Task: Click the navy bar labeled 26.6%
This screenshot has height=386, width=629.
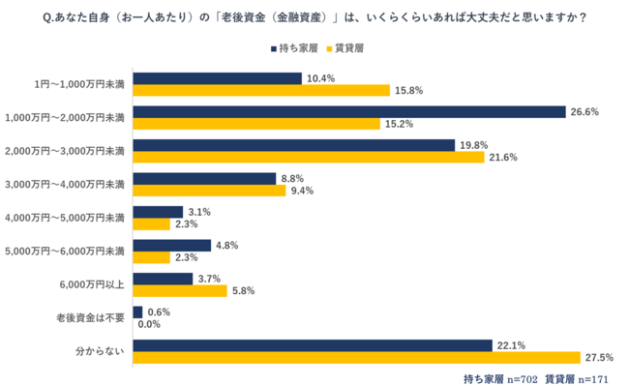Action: (x=348, y=111)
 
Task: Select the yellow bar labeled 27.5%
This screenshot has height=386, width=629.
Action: (x=355, y=358)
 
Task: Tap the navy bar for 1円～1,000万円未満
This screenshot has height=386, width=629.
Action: (x=217, y=77)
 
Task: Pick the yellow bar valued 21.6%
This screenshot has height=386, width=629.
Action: (x=309, y=157)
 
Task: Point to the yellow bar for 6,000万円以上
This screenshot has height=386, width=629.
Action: (x=179, y=290)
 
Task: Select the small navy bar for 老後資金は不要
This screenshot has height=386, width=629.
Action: (x=137, y=312)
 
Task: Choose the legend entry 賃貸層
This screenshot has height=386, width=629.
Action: (x=344, y=47)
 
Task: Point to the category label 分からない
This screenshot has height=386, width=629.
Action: (x=101, y=351)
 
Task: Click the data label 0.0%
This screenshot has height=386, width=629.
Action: (x=150, y=324)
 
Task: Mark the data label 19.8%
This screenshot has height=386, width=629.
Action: (x=474, y=145)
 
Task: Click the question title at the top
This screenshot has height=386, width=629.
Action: (x=314, y=15)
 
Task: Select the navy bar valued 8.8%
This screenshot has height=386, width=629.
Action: (x=204, y=178)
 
